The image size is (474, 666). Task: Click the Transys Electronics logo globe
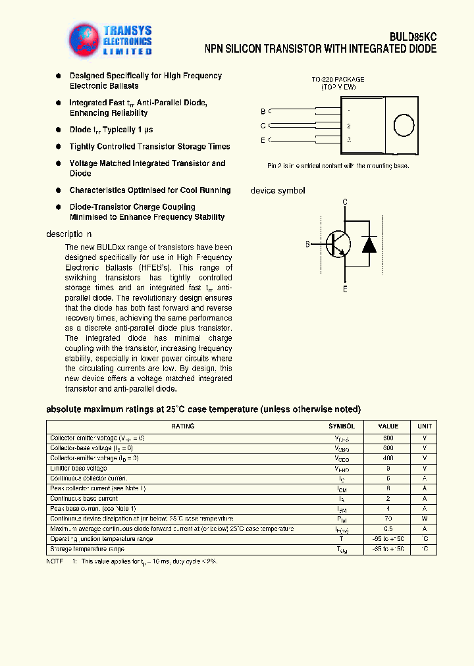(85, 39)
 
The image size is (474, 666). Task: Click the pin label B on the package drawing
(263, 111)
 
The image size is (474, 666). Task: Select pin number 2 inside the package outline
(349, 126)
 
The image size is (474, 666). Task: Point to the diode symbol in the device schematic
(369, 243)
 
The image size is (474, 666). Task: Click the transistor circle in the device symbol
(338, 244)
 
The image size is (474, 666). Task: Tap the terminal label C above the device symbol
(345, 202)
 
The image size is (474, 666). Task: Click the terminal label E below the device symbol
(345, 288)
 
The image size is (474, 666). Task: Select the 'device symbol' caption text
(278, 191)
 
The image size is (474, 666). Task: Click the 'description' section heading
(69, 234)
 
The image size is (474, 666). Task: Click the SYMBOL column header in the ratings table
(342, 426)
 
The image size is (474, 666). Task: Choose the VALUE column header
(388, 426)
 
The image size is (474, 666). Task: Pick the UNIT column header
(425, 426)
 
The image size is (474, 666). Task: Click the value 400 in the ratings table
(388, 457)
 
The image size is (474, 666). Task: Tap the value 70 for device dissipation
(388, 519)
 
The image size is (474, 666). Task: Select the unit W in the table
(425, 519)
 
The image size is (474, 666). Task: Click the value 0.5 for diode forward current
(388, 528)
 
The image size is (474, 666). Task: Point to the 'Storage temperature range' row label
(87, 549)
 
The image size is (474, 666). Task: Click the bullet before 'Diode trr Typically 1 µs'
(59, 130)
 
